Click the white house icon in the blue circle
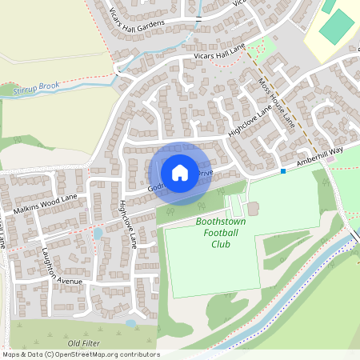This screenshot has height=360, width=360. [180, 171]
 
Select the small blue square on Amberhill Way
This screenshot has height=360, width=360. [282, 171]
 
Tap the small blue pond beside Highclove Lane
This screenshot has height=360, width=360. [98, 234]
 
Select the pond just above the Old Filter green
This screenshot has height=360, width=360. [130, 324]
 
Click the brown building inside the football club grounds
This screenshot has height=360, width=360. [253, 209]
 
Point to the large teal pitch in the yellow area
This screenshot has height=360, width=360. [336, 28]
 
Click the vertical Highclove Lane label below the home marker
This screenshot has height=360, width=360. [128, 223]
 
